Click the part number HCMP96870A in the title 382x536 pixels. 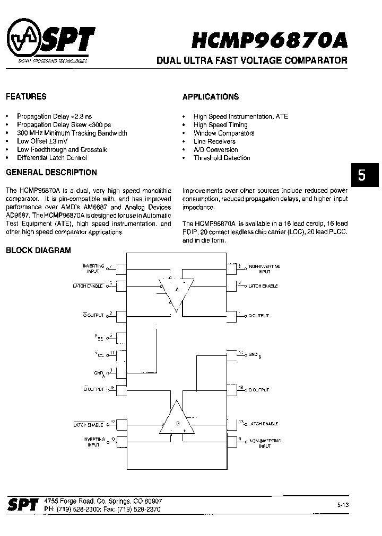click(270, 40)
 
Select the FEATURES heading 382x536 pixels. click(26, 96)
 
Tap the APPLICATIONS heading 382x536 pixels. click(211, 96)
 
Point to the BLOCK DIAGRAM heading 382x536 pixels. click(38, 251)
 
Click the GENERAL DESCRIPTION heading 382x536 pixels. click(51, 172)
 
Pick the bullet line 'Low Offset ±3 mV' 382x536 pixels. click(42, 141)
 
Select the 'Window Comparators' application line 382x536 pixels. click(224, 133)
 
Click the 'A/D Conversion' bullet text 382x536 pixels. click(215, 149)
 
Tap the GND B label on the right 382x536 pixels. click(255, 354)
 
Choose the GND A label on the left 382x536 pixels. click(99, 373)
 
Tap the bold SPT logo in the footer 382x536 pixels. click(23, 505)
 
